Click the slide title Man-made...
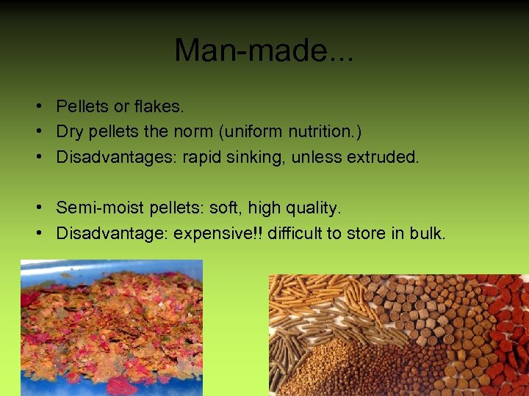263,50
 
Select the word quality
314,209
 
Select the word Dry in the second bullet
70,132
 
